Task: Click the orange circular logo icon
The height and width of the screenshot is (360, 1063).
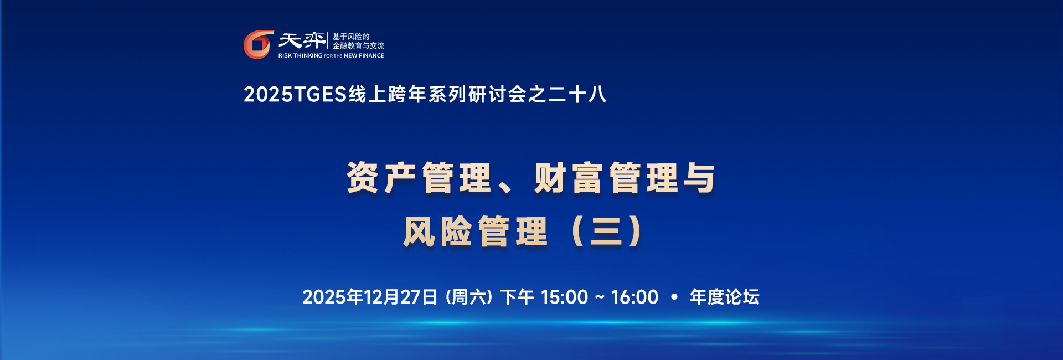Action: coord(258,44)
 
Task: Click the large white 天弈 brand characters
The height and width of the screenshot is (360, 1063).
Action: coord(302,40)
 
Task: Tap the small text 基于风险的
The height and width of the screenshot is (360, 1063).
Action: coord(350,37)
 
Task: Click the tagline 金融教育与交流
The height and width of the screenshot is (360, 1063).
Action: coord(358,46)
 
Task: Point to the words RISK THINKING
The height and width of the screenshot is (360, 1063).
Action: coord(300,56)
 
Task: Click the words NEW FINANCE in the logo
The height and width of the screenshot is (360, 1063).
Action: coord(364,56)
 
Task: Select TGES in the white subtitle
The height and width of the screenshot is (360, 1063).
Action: coord(320,95)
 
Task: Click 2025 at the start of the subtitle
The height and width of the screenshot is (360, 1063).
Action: coord(268,95)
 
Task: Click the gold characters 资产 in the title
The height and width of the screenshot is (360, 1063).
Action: coord(381,178)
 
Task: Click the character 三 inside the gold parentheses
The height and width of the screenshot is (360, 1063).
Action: coord(606,232)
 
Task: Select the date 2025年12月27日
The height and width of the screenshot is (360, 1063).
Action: coord(370,297)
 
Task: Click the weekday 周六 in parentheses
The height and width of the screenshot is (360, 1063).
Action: coord(469,297)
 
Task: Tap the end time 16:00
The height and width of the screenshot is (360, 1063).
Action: coord(634,297)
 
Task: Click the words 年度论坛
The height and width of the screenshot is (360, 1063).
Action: coord(724,297)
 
